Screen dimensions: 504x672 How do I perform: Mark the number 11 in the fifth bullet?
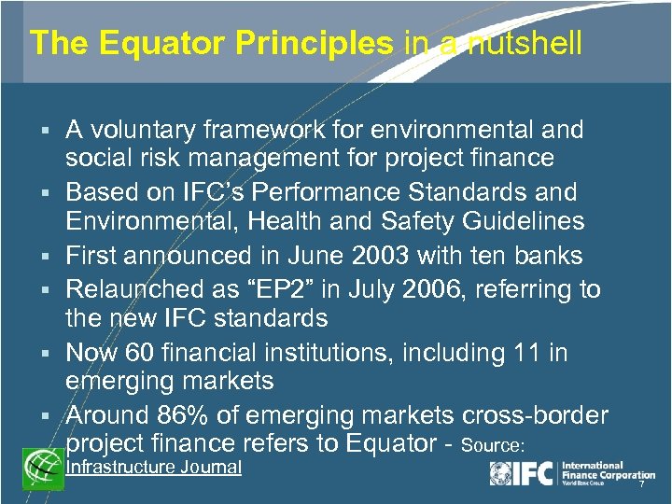[527, 353]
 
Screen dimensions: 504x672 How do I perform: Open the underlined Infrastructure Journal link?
[153, 467]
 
